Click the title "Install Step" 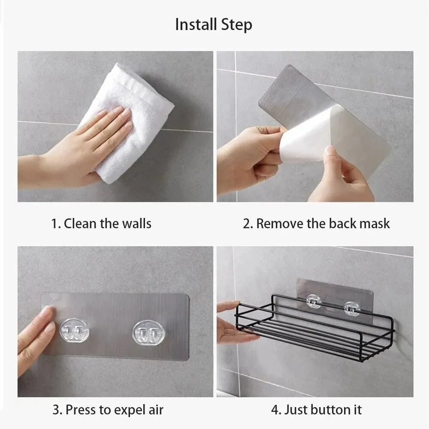point(214,24)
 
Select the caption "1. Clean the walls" point(101,224)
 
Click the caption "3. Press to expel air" point(108,409)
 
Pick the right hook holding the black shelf point(351,307)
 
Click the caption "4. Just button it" point(316,409)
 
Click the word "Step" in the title point(236,24)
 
